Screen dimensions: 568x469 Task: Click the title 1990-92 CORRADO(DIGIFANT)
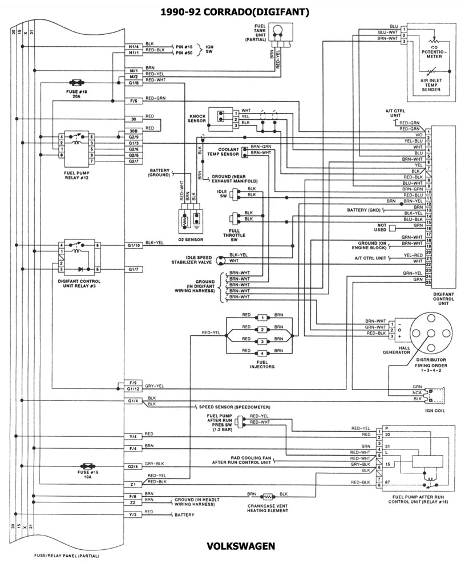click(234, 11)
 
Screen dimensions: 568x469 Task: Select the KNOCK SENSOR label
click(197, 117)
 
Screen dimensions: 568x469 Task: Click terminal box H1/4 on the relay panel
click(134, 46)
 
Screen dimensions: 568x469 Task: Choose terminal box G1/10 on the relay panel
click(134, 245)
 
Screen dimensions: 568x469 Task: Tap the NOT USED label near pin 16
click(382, 227)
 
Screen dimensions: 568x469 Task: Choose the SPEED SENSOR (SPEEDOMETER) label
click(234, 407)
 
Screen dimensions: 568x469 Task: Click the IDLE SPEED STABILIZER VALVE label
click(191, 259)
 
